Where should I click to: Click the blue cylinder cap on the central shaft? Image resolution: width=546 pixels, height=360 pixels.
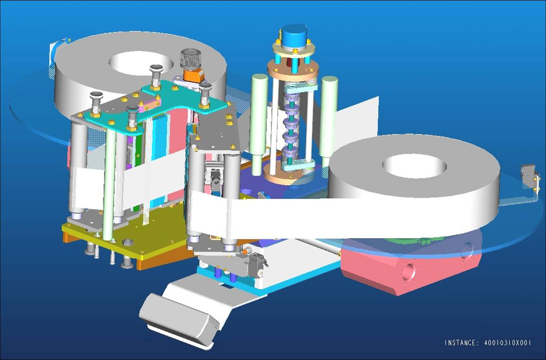295,36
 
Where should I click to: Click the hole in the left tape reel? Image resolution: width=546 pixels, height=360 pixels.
141,63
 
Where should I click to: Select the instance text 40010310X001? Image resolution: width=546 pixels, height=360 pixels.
508,343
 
